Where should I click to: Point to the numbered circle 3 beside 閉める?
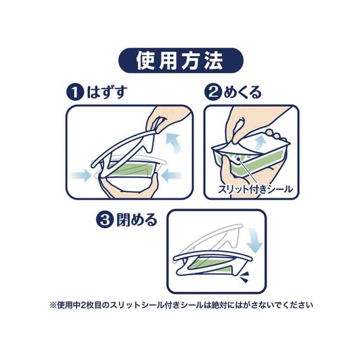(x=104, y=220)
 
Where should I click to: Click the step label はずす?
(x=107, y=93)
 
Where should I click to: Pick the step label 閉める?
(x=136, y=220)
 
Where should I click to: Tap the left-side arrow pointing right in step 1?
(x=80, y=176)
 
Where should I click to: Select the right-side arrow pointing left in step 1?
(x=171, y=176)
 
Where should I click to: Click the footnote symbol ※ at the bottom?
(x=53, y=305)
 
